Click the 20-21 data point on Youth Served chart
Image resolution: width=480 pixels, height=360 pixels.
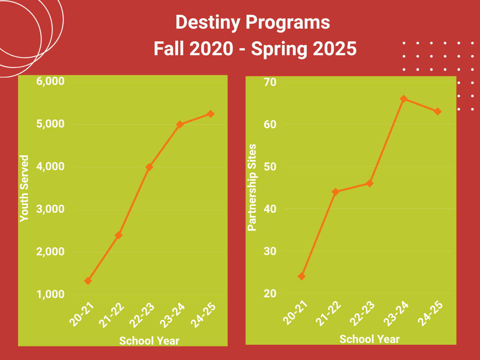(x=88, y=281)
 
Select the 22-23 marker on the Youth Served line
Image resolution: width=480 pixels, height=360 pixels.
(x=149, y=167)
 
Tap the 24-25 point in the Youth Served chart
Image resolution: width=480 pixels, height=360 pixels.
(x=211, y=114)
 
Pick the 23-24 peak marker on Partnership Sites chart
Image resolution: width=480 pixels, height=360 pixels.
(x=404, y=99)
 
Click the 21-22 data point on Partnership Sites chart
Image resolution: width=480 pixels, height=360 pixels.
(x=335, y=192)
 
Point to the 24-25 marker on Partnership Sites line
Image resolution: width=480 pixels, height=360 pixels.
(x=438, y=111)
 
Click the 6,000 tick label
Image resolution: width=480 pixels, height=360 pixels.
(x=50, y=81)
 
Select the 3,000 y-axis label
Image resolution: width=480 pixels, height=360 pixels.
(x=50, y=209)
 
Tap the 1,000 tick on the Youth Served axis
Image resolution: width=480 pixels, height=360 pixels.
(x=50, y=294)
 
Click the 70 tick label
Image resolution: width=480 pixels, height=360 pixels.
(x=270, y=82)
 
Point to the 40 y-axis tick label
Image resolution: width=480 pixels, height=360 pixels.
(x=270, y=209)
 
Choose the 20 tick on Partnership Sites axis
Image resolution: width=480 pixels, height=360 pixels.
(x=270, y=294)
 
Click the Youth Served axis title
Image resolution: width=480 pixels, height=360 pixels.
(x=24, y=188)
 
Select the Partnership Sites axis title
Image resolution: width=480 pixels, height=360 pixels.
(x=252, y=187)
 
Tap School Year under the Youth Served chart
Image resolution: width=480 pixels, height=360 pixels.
(x=149, y=341)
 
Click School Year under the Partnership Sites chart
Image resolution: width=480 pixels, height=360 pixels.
(x=370, y=339)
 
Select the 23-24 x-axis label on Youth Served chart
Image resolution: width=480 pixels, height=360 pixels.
(x=173, y=315)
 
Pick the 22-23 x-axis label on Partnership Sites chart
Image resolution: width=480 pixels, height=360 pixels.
(x=362, y=314)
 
